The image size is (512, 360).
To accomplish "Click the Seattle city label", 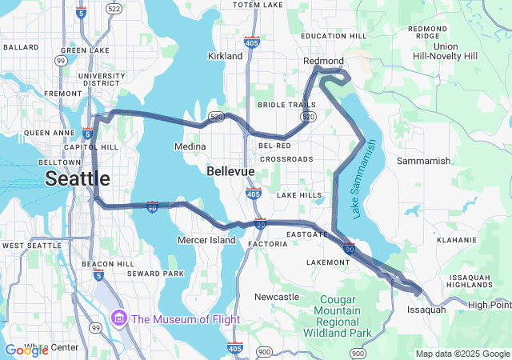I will click(x=77, y=178).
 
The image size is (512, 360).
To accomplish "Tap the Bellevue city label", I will click(x=230, y=172).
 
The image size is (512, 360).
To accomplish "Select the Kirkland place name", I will click(x=225, y=56).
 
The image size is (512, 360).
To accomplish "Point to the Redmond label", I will click(x=323, y=61).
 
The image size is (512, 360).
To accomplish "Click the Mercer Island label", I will click(x=206, y=240).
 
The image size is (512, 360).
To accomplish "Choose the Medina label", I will click(x=190, y=146).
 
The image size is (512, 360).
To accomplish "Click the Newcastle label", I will click(x=277, y=297).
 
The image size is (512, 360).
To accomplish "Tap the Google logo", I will click(x=26, y=350).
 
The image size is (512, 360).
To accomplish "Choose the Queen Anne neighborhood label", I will click(x=49, y=133).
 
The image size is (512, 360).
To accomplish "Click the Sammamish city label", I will click(x=423, y=161).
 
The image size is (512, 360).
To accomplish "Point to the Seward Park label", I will click(x=161, y=274).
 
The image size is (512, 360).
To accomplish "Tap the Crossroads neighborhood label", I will click(x=286, y=159).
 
